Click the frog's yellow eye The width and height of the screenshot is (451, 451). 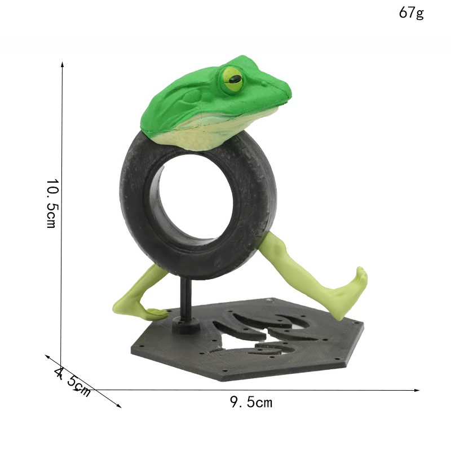[x=233, y=79]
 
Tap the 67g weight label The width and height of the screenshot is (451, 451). [x=412, y=12]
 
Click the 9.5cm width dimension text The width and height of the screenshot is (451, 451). [x=251, y=402]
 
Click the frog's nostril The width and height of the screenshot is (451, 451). [x=263, y=83]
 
